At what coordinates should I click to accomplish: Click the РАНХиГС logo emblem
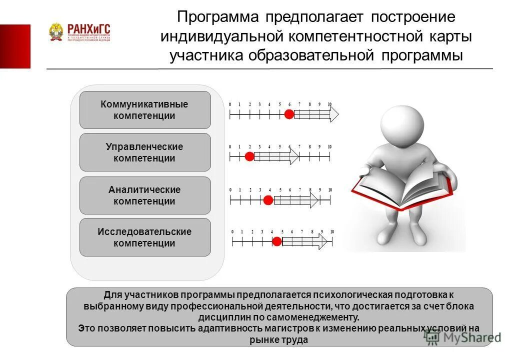(56, 32)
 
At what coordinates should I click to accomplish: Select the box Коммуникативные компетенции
(145, 110)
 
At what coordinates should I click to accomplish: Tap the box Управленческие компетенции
(145, 152)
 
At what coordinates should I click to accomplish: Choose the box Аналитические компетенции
(145, 195)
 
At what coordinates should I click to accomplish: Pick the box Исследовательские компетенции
(145, 237)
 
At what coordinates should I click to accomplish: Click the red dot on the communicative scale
(288, 114)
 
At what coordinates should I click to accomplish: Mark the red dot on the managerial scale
(249, 156)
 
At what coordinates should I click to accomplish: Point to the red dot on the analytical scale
(268, 200)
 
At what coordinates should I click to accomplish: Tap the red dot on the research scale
(276, 241)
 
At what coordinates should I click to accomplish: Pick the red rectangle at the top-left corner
(15, 46)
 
